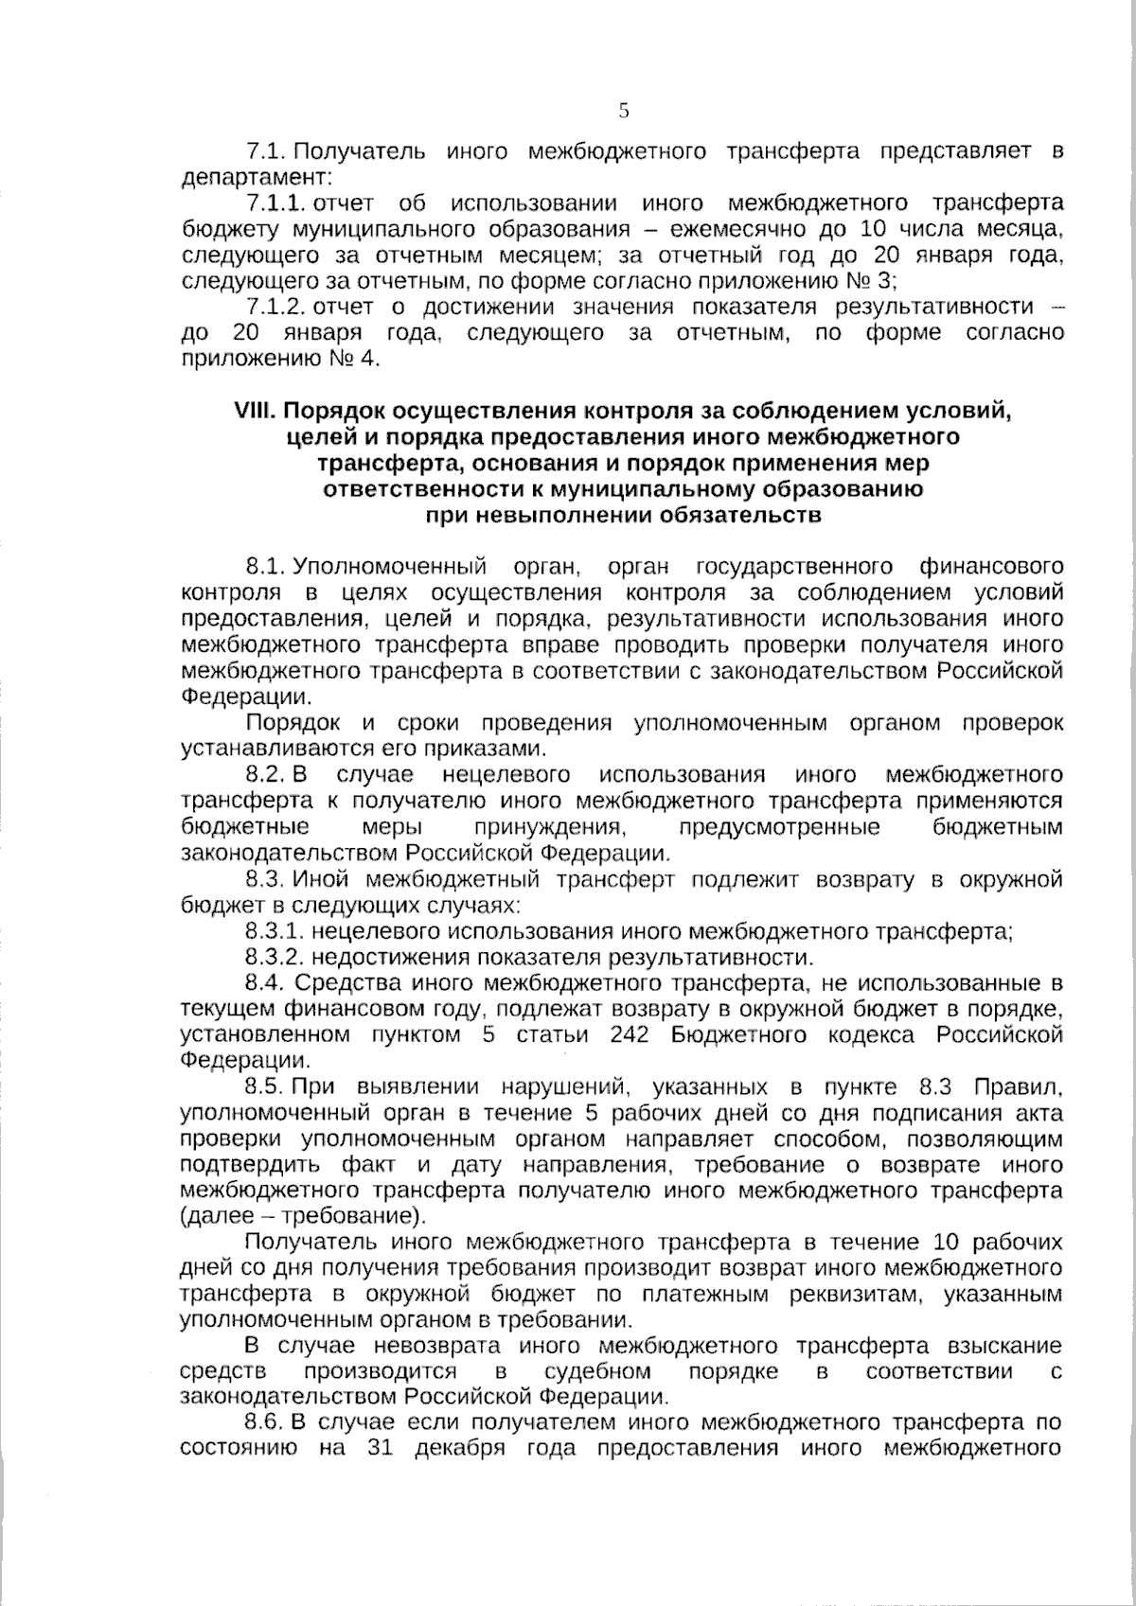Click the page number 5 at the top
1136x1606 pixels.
click(624, 111)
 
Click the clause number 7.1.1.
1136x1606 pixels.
click(275, 203)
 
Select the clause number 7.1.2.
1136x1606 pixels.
click(275, 307)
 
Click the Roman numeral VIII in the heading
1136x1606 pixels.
click(255, 412)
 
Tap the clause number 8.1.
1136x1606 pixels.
click(265, 567)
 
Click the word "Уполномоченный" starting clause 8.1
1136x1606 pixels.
click(391, 567)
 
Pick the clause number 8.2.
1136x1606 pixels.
click(265, 776)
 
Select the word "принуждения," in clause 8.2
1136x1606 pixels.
click(554, 828)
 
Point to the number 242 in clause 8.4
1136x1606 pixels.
click(630, 1034)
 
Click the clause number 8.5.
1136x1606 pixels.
click(265, 1086)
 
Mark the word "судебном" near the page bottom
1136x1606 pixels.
click(597, 1371)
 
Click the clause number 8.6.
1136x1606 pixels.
click(265, 1422)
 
